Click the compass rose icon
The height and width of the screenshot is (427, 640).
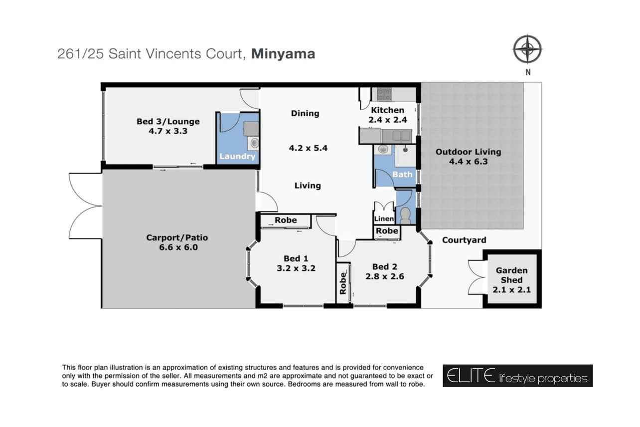click(527, 49)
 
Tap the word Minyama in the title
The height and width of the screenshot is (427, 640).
click(283, 54)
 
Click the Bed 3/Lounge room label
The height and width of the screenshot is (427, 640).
click(168, 122)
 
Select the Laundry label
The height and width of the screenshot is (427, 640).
click(237, 156)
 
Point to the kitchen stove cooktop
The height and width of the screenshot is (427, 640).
click(384, 94)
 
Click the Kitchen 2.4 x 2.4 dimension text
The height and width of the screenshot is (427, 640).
click(387, 120)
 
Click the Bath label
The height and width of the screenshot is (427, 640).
click(402, 174)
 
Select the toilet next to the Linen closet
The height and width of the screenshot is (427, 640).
click(405, 215)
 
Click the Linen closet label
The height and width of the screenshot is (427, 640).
click(384, 219)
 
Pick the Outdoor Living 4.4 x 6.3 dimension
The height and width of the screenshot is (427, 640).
click(468, 162)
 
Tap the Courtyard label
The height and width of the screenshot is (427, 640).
click(464, 240)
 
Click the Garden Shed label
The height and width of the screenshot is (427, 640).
click(511, 275)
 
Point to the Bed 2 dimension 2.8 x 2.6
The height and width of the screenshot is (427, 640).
click(385, 276)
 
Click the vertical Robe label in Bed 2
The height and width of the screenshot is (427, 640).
click(343, 283)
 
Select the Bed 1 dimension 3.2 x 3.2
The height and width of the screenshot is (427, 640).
click(296, 268)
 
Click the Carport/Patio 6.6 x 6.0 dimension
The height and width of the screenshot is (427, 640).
click(178, 247)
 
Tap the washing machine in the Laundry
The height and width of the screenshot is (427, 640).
click(253, 143)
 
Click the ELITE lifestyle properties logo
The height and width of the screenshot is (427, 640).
click(517, 376)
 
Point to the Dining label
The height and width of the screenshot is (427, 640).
click(305, 114)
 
